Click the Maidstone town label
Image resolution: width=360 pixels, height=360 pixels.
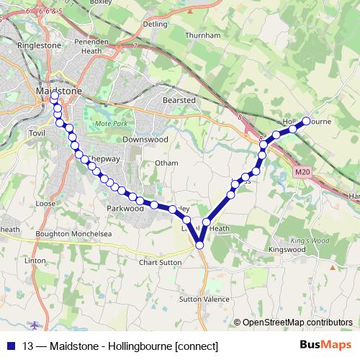coord(59,91)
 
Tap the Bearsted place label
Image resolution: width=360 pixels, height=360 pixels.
coord(179,100)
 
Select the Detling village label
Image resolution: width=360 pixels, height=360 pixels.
coord(156,24)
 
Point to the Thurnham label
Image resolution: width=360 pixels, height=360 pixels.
coord(202,34)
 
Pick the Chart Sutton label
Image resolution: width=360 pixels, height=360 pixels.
coord(160,262)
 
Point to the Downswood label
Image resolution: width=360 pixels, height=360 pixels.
coord(145,138)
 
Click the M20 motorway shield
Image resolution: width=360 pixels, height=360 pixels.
coord(302,171)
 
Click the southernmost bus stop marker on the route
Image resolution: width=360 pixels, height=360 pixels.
coord(200,246)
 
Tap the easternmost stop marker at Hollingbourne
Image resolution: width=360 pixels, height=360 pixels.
coord(307,121)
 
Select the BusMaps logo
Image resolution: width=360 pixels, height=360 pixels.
coord(325,346)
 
